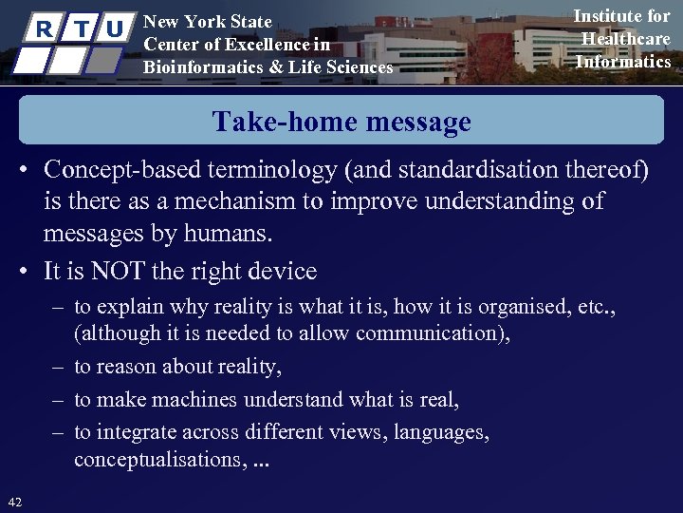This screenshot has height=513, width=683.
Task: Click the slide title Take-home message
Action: point(341,122)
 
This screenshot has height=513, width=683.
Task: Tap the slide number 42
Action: point(15,501)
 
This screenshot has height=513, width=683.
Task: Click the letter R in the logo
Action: point(43,28)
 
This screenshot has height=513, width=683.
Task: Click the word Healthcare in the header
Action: point(625,39)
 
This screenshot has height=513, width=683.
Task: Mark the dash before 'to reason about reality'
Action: point(59,367)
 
